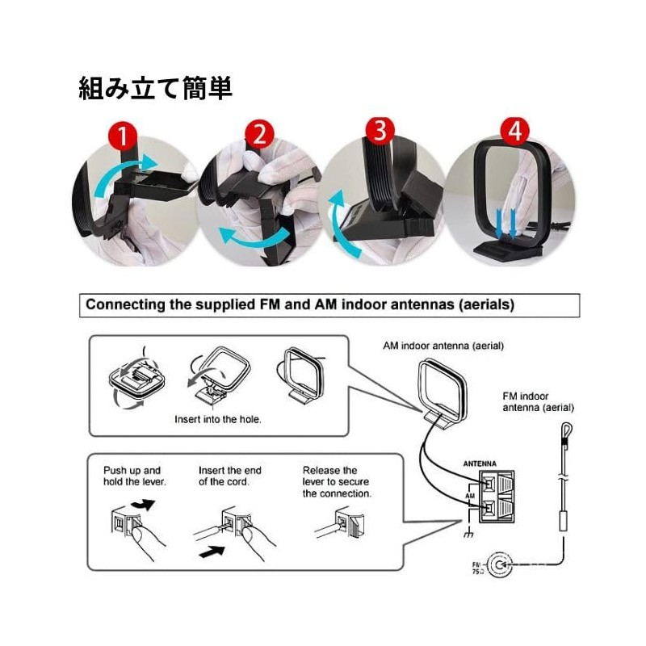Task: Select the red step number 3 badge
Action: pyautogui.click(x=380, y=132)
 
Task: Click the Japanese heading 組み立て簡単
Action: pyautogui.click(x=155, y=87)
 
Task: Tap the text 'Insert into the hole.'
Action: pyautogui.click(x=217, y=420)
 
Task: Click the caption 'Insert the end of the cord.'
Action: pyautogui.click(x=229, y=476)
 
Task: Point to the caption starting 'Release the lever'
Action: pyautogui.click(x=337, y=481)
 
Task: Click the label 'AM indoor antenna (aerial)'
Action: pyautogui.click(x=443, y=346)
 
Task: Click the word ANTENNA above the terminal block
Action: pyautogui.click(x=480, y=464)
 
